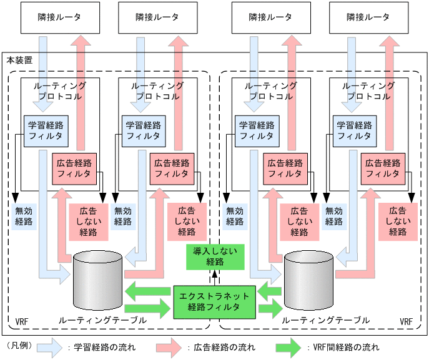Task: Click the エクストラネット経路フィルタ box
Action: pos(214,301)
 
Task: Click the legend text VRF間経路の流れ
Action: pos(345,347)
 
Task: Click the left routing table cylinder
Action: pos(97,281)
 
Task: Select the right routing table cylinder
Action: pos(308,281)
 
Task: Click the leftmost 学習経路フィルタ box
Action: pos(46,130)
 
